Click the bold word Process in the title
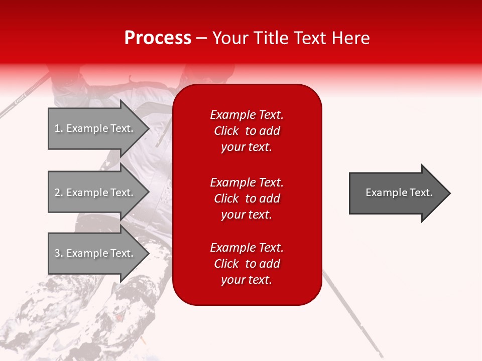[158, 38]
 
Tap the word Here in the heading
[351, 38]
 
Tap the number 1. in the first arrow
[59, 128]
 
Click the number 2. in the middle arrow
[59, 193]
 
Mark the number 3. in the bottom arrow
[59, 253]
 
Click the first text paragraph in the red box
[247, 131]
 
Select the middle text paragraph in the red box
[247, 199]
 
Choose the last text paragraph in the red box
[247, 264]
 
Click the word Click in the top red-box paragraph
[226, 131]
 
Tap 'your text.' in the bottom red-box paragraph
[247, 280]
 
